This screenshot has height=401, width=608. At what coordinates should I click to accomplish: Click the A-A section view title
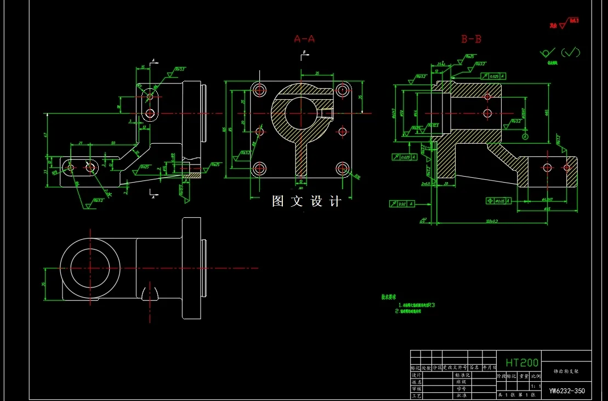pyautogui.click(x=304, y=39)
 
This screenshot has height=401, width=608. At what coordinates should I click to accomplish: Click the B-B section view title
pyautogui.click(x=471, y=39)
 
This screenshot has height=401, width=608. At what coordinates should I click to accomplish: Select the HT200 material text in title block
pyautogui.click(x=522, y=363)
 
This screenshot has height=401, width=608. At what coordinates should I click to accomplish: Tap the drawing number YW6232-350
pyautogui.click(x=567, y=391)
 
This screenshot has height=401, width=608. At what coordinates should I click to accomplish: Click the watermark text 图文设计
pyautogui.click(x=306, y=201)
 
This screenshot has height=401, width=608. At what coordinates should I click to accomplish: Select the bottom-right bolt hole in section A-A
pyautogui.click(x=343, y=168)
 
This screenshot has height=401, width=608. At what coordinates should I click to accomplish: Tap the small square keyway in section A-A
pyautogui.click(x=328, y=114)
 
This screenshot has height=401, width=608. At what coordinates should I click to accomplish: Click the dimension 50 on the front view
pyautogui.click(x=113, y=143)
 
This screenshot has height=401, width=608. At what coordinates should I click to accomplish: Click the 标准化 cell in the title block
pyautogui.click(x=459, y=375)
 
